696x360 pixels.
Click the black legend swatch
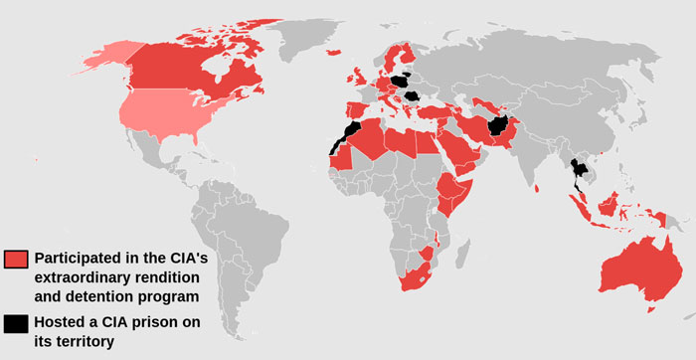pyautogui.click(x=16, y=324)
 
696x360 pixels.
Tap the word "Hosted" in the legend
pyautogui.click(x=60, y=322)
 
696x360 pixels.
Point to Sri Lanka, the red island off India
pyautogui.click(x=536, y=187)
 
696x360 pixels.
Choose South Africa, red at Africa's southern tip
pyautogui.click(x=419, y=274)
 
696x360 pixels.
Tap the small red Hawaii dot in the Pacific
pyautogui.click(x=36, y=159)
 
